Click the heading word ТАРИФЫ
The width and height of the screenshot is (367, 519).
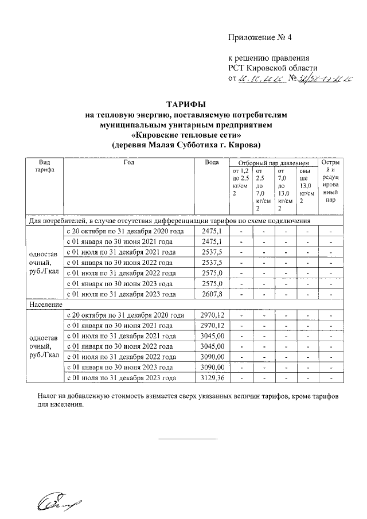tap(186, 104)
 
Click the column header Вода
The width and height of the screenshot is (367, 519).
tap(212, 162)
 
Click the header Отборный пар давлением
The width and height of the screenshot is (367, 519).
tap(273, 163)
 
